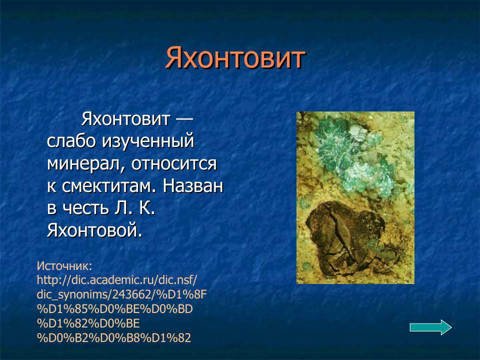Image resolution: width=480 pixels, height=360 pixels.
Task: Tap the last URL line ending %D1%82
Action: coord(114,337)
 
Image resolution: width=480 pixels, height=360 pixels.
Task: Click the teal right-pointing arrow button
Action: coord(430,327)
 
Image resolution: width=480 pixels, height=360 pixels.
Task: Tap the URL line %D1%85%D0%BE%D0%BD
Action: coord(114,308)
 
